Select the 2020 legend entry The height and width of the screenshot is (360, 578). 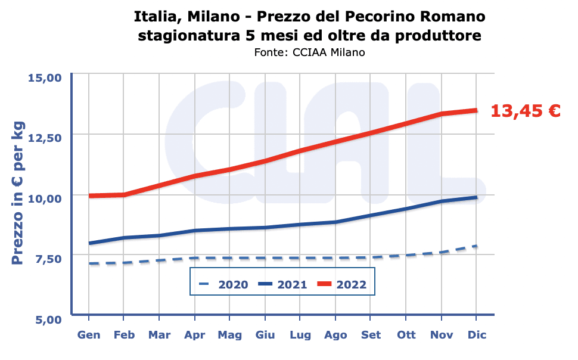point(224,284)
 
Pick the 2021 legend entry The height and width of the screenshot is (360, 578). point(283,284)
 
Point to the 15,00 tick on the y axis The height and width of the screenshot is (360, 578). point(46,77)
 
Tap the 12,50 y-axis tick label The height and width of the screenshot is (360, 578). point(46,138)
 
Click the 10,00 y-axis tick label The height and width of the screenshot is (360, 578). point(46,198)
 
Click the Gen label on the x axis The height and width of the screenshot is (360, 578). point(89,335)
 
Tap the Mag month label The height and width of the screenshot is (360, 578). point(230,335)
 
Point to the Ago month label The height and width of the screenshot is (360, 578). point(335,335)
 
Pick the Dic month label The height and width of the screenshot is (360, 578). point(477,335)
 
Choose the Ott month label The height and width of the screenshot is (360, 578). point(406,335)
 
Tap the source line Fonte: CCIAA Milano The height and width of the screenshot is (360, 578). point(309,52)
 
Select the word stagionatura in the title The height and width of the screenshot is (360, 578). point(189,35)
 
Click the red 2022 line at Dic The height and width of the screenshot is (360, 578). point(476,110)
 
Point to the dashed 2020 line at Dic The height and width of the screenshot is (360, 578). point(476,246)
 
